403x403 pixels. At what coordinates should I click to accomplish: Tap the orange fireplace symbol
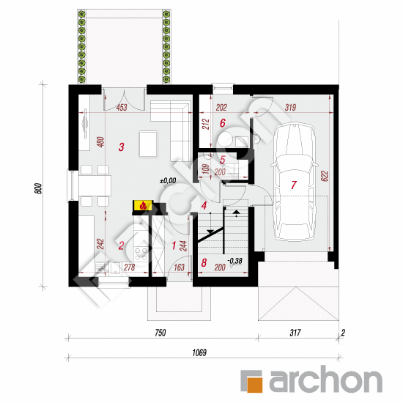click(x=142, y=207)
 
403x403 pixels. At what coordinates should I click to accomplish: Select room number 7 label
click(x=293, y=186)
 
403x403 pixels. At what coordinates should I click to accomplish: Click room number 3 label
click(x=121, y=147)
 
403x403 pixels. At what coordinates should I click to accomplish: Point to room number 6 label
click(x=222, y=123)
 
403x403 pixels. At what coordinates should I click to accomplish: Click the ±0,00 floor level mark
click(x=168, y=180)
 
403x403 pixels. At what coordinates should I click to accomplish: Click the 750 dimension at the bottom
click(x=160, y=333)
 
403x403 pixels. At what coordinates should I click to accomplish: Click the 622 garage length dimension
click(x=323, y=177)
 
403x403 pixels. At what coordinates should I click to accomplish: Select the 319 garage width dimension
click(x=291, y=108)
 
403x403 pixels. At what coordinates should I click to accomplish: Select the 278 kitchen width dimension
click(x=130, y=268)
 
